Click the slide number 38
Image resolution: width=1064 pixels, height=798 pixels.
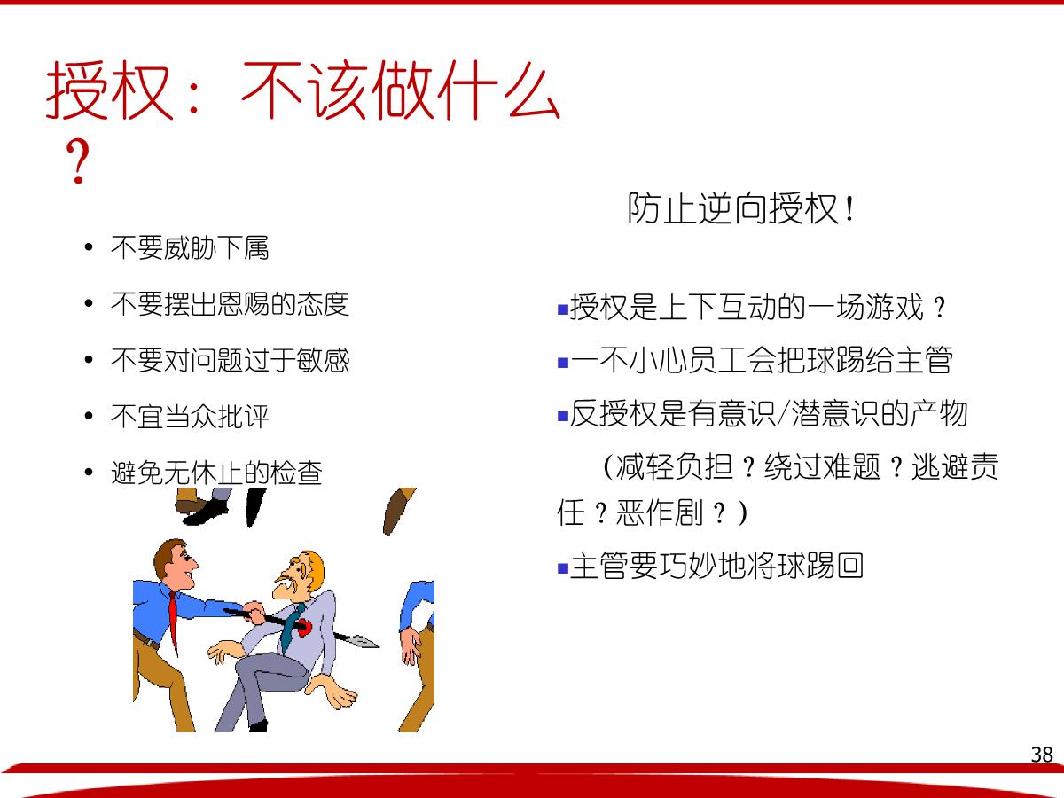[1042, 755]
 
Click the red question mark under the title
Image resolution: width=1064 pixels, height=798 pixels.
[77, 160]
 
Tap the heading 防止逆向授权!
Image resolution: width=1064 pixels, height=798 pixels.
[740, 209]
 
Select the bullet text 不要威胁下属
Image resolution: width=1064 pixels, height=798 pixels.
[190, 247]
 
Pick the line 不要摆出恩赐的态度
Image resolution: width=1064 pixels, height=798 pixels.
[230, 304]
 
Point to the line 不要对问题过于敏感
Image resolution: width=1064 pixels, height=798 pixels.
[230, 360]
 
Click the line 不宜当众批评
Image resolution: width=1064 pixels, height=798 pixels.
[190, 416]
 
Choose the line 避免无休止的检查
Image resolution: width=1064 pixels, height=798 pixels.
[216, 473]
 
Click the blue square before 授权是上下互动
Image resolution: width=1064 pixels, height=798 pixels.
[563, 309]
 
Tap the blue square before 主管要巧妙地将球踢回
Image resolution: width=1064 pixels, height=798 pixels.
[563, 567]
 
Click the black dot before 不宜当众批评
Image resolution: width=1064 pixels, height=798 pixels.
[88, 416]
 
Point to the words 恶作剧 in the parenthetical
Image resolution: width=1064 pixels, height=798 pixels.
[660, 512]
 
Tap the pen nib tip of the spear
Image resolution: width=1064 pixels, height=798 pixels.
[378, 645]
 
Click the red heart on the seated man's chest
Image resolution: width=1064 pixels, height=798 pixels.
[304, 627]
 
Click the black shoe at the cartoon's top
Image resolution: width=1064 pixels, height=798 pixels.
[206, 514]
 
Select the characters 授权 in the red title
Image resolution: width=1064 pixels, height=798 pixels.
[109, 90]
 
